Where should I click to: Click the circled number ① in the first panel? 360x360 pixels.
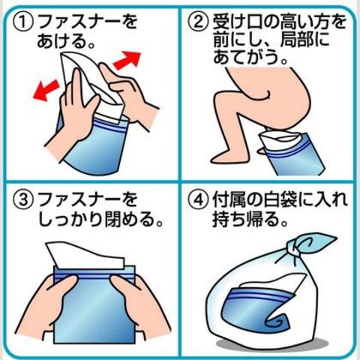(x=23, y=22)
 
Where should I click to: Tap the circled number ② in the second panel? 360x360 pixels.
(x=198, y=22)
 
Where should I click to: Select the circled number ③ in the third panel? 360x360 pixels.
(x=23, y=199)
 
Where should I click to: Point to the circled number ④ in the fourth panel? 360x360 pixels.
(x=198, y=199)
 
